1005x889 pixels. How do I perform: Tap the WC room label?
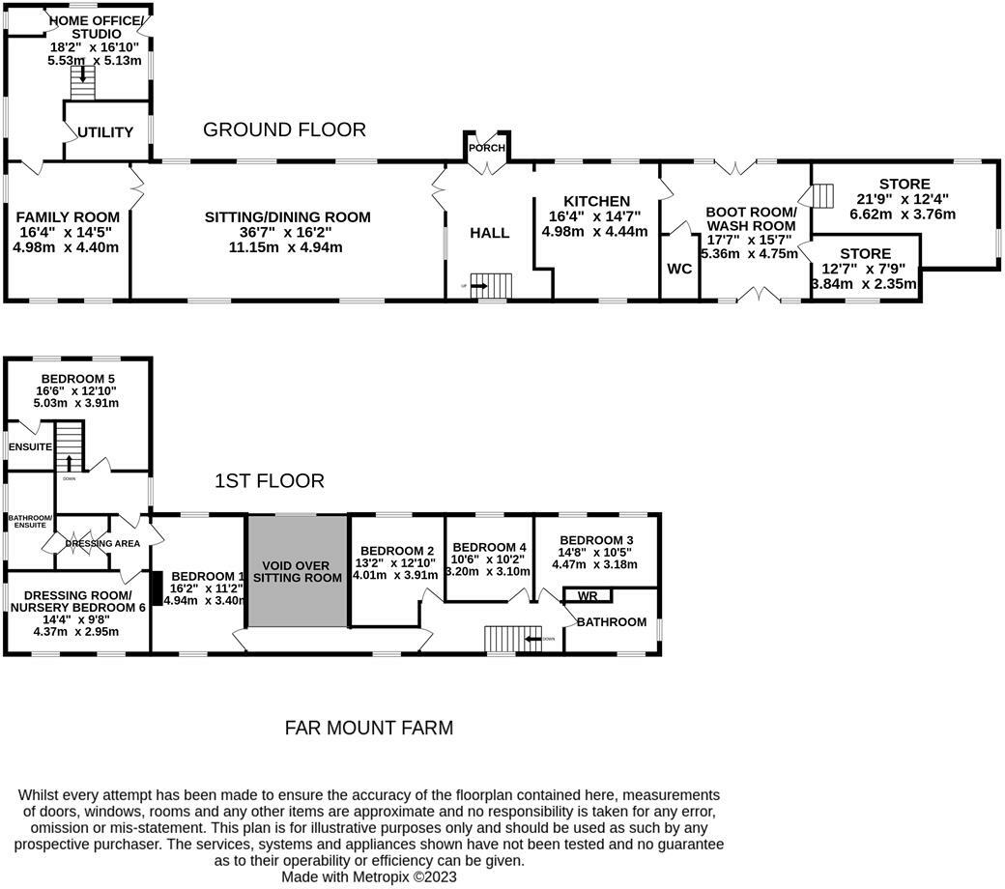tap(679, 269)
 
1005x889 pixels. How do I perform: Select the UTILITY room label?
tap(105, 132)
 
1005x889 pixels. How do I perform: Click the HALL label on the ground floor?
tap(489, 233)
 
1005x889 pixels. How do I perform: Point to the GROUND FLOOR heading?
tap(284, 129)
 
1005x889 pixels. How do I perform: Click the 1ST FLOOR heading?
tap(269, 480)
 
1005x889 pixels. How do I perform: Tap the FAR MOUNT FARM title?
tap(368, 728)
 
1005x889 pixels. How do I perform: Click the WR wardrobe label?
tap(588, 596)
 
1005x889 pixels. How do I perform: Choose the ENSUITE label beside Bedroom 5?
tap(30, 446)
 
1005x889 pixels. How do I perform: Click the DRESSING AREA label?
tap(102, 543)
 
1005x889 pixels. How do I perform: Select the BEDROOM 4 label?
tap(489, 547)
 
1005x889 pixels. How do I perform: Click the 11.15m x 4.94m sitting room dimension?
tap(287, 247)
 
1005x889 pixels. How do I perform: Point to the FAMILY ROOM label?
tap(68, 216)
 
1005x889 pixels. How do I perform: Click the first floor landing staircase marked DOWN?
tap(502, 638)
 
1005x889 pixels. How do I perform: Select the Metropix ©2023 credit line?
tap(368, 876)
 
